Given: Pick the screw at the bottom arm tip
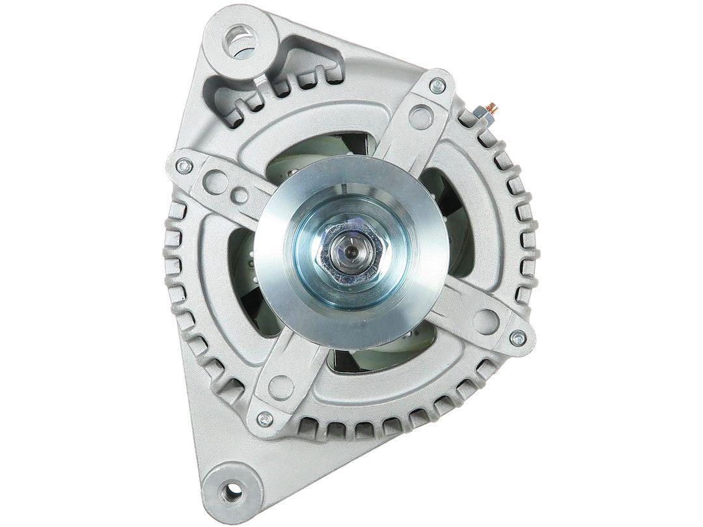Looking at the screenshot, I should click(264, 417).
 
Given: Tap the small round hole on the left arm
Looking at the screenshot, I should click(240, 193).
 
